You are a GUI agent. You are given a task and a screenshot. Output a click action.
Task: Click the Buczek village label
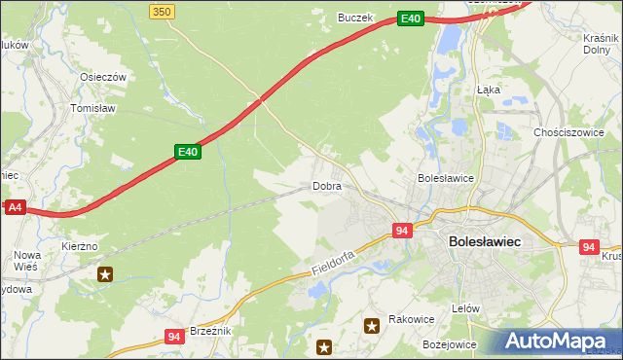(x=355, y=17)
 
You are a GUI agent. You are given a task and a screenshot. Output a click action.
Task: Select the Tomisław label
(x=93, y=108)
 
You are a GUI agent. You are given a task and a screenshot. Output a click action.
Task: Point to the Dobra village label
(x=326, y=185)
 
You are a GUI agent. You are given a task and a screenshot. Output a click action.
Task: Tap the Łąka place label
(x=488, y=89)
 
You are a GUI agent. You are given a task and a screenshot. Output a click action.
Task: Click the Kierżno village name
(x=80, y=247)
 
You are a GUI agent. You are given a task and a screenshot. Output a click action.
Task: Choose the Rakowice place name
(x=411, y=318)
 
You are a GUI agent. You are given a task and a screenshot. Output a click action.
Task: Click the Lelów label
(x=466, y=307)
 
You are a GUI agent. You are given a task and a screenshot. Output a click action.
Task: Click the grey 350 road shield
(x=163, y=11)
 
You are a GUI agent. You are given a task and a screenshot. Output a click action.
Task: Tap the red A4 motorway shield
(x=14, y=207)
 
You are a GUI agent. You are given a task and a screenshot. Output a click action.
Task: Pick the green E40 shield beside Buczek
(x=410, y=18)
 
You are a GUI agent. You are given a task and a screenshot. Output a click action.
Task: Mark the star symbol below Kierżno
(x=104, y=275)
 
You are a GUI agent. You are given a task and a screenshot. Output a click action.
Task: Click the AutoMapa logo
(x=560, y=342)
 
